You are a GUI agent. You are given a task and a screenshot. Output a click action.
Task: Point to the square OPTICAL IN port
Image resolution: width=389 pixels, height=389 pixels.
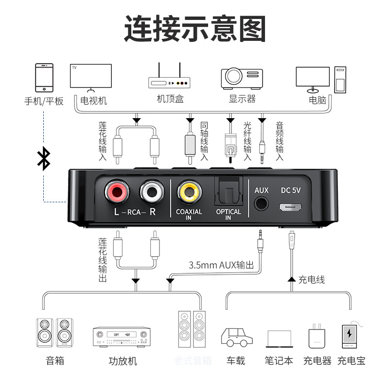click(228, 191)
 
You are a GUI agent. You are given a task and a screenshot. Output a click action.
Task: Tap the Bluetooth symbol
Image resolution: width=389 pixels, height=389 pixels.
click(44, 159)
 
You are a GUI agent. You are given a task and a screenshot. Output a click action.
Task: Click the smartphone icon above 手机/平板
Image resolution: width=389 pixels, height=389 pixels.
click(44, 77)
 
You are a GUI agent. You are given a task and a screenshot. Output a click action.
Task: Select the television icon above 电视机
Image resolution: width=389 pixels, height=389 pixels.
click(91, 77)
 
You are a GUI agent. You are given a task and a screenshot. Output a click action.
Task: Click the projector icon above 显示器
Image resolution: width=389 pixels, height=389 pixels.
click(242, 77)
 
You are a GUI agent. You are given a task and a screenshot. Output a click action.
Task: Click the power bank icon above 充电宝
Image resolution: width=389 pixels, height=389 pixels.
click(350, 336)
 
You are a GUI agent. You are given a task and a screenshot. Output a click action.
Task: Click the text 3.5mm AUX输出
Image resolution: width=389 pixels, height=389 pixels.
click(221, 265)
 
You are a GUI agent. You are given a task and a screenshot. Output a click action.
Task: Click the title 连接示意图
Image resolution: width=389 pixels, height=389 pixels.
click(194, 29)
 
